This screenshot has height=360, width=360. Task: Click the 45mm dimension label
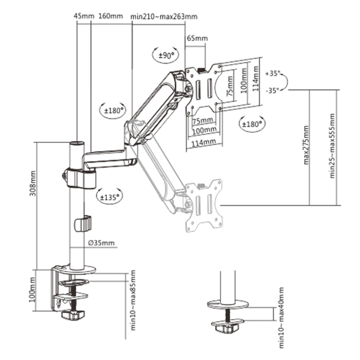coord(84,16)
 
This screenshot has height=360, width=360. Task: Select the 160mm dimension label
coord(110,16)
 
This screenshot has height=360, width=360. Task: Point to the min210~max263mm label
coord(164,16)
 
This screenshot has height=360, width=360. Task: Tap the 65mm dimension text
coord(197,38)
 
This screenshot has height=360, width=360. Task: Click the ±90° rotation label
coord(165,55)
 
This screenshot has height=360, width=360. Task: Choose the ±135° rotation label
coord(109,196)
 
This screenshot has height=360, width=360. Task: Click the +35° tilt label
coord(272,73)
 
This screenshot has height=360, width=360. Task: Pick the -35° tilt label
coord(272,90)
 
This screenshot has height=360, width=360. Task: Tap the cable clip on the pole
coord(82,224)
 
